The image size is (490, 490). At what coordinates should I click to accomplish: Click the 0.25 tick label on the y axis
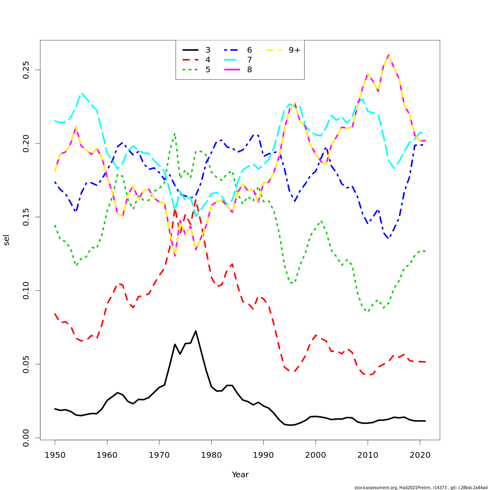click(26, 70)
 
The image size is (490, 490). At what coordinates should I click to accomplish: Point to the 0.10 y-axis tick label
click(26, 291)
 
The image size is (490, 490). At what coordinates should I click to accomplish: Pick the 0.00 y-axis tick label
click(26, 438)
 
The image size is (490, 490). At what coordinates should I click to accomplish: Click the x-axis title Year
click(240, 475)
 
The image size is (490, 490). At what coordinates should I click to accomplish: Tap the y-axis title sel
click(7, 240)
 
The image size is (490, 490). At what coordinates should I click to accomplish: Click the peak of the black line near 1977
click(196, 331)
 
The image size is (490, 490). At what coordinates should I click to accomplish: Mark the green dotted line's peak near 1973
click(175, 133)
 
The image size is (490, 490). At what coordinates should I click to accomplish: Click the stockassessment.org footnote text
click(421, 488)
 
